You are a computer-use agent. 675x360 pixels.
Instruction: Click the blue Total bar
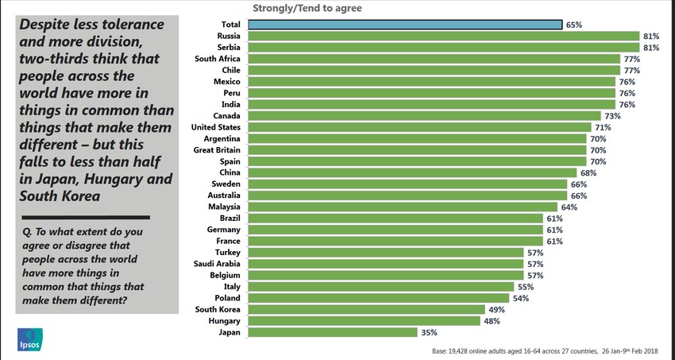pyautogui.click(x=405, y=25)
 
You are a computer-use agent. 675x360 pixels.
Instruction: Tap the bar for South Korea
pyautogui.click(x=366, y=309)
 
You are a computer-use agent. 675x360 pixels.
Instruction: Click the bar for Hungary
pyautogui.click(x=364, y=321)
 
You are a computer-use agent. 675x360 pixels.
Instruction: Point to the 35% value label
pyautogui.click(x=430, y=332)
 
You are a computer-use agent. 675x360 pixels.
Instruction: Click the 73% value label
pyautogui.click(x=611, y=115)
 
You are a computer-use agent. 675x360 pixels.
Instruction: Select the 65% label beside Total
pyautogui.click(x=574, y=25)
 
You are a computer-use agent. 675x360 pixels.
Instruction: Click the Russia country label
pyautogui.click(x=229, y=36)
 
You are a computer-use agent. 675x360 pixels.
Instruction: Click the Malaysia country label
pyautogui.click(x=223, y=207)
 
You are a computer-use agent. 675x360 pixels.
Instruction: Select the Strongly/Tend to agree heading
pyautogui.click(x=307, y=8)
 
